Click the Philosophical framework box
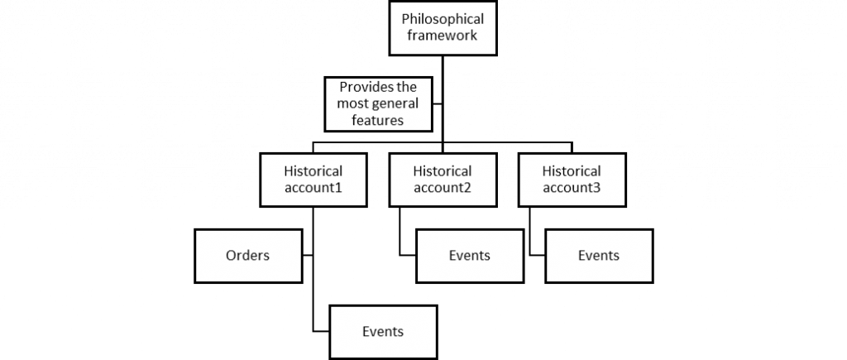pyautogui.click(x=443, y=27)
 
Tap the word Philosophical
pyautogui.click(x=443, y=18)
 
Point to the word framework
pyautogui.click(x=443, y=36)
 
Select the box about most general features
pyautogui.click(x=379, y=103)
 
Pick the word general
pyautogui.click(x=395, y=103)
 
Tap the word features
pyautogui.click(x=379, y=120)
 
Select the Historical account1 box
pyautogui.click(x=313, y=180)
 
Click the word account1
pyautogui.click(x=313, y=189)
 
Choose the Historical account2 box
pyautogui.click(x=442, y=180)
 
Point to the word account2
pyautogui.click(x=442, y=189)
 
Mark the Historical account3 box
pyautogui.click(x=571, y=180)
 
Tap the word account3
pyautogui.click(x=571, y=189)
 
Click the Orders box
pyautogui.click(x=248, y=256)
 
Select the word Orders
pyautogui.click(x=248, y=256)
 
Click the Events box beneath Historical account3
pyautogui.click(x=599, y=256)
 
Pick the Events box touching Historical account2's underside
pyautogui.click(x=470, y=256)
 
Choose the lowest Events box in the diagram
pyautogui.click(x=383, y=332)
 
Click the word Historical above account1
pyautogui.click(x=313, y=171)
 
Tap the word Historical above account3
pyautogui.click(x=571, y=171)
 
